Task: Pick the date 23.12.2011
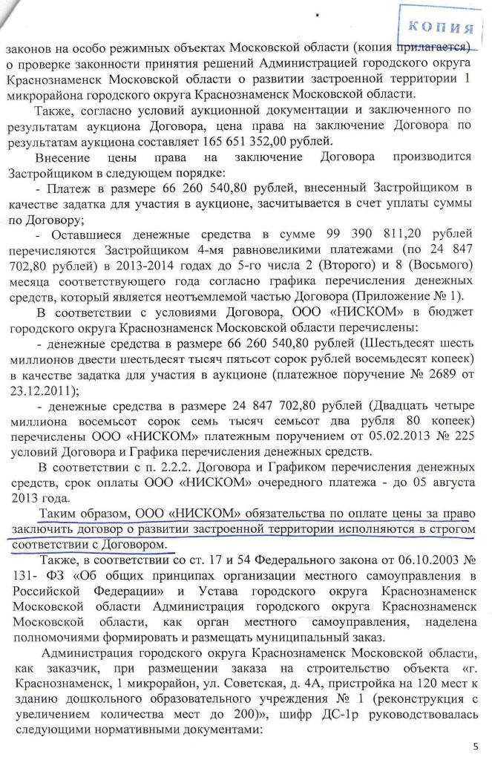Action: [x=45, y=390]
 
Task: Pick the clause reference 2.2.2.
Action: [x=151, y=466]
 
